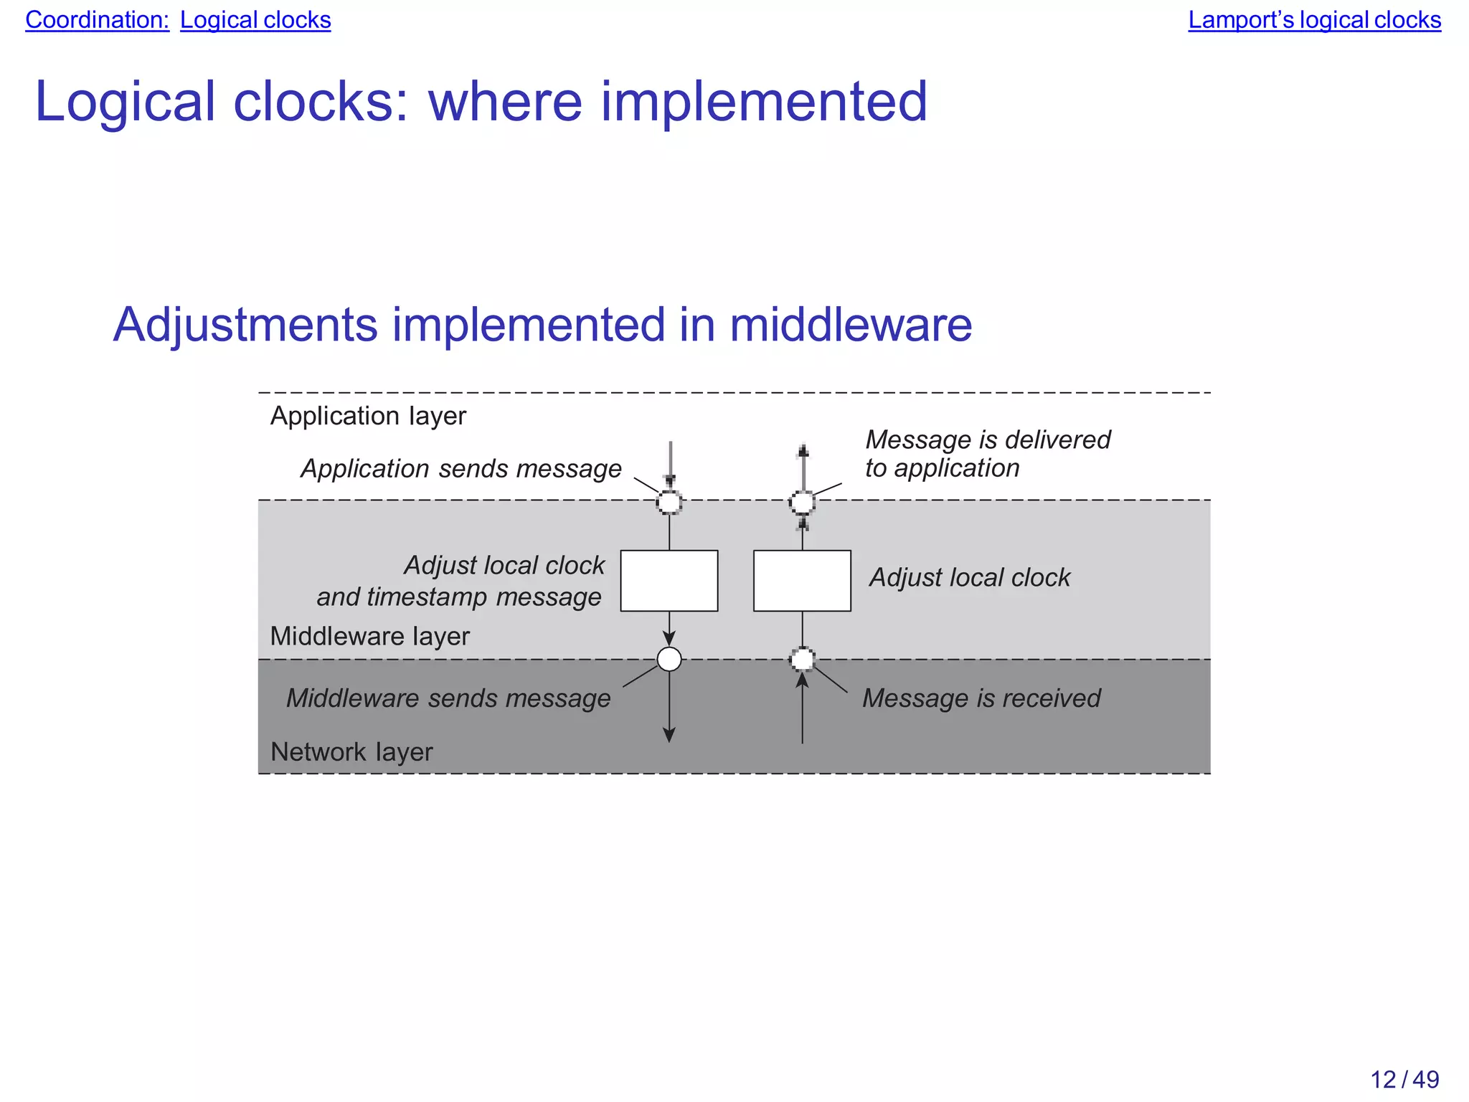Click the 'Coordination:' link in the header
click(x=97, y=20)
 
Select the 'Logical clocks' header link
click(x=255, y=20)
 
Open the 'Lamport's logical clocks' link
click(x=1314, y=20)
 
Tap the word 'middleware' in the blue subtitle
click(x=851, y=325)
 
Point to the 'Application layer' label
click(x=368, y=416)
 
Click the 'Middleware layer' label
click(x=369, y=636)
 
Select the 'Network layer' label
click(x=351, y=752)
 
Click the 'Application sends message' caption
click(x=460, y=469)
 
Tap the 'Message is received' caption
click(x=981, y=698)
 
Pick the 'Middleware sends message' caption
click(x=448, y=698)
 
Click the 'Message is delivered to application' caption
click(x=987, y=453)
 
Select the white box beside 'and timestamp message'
click(x=669, y=581)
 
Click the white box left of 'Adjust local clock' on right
click(x=802, y=581)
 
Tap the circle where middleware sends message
click(x=669, y=659)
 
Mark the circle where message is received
click(x=802, y=659)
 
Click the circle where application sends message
click(x=669, y=502)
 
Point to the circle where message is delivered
click(x=802, y=502)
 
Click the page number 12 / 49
click(x=1404, y=1079)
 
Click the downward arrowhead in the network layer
click(x=669, y=735)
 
